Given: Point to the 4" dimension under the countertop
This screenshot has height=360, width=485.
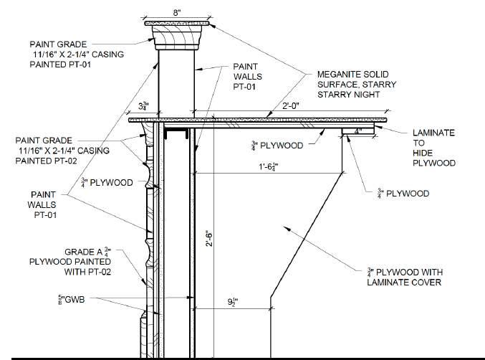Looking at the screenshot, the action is tap(357, 132).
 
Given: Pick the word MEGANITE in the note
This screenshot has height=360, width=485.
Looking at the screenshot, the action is tap(339, 74).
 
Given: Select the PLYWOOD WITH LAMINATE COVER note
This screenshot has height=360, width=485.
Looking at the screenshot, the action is tap(400, 277).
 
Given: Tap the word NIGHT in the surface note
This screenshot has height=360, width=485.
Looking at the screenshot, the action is tap(355, 95).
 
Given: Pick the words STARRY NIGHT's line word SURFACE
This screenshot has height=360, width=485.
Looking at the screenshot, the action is tap(340, 85).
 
